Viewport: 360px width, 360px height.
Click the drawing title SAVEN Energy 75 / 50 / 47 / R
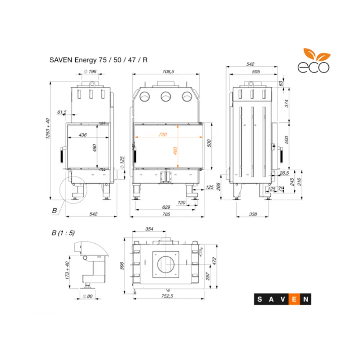(x=98, y=60)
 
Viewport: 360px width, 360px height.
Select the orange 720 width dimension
(x=163, y=134)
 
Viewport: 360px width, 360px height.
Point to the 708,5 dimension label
(x=168, y=72)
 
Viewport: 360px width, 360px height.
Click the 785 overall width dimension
(x=166, y=215)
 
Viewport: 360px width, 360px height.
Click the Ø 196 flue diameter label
(x=90, y=72)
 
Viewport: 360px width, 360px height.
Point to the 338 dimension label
(x=253, y=215)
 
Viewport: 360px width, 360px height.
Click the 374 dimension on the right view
(x=287, y=103)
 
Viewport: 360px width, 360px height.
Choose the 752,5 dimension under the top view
(x=168, y=297)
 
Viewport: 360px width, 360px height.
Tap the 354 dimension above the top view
(x=149, y=229)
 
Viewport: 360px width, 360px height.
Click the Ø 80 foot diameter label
(x=88, y=297)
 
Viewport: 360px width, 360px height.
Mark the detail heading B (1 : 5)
(x=63, y=233)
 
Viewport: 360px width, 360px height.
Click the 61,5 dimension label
(x=62, y=112)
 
